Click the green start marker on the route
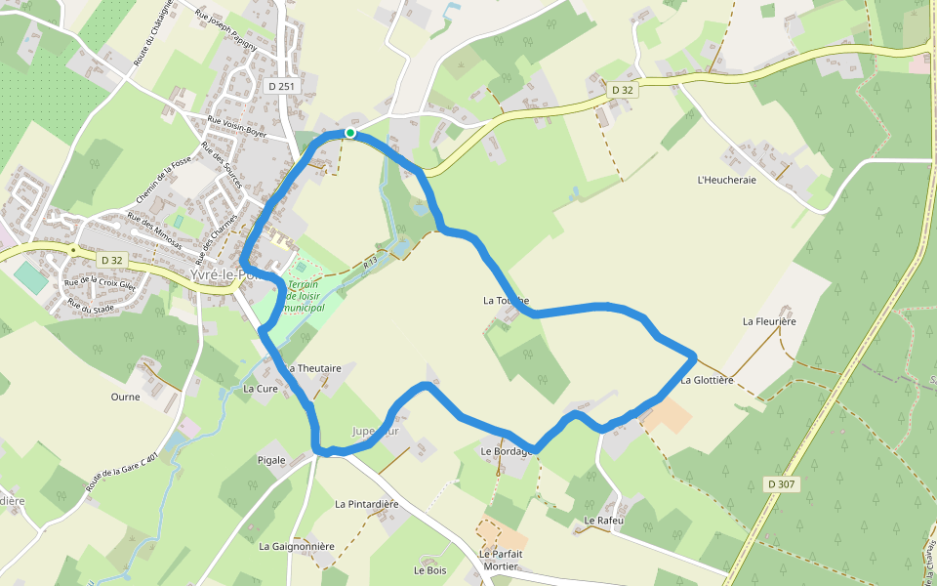click(349, 133)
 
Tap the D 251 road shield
click(280, 87)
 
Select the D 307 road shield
click(782, 484)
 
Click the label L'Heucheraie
click(727, 180)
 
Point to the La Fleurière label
click(769, 321)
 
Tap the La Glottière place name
click(707, 380)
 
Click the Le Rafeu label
click(603, 521)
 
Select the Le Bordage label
click(506, 451)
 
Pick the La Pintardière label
click(367, 505)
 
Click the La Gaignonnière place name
click(297, 547)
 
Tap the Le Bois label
click(429, 570)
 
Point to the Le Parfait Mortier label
click(501, 560)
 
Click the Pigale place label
click(271, 459)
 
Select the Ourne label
click(125, 398)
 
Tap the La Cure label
click(261, 389)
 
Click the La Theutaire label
click(313, 368)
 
